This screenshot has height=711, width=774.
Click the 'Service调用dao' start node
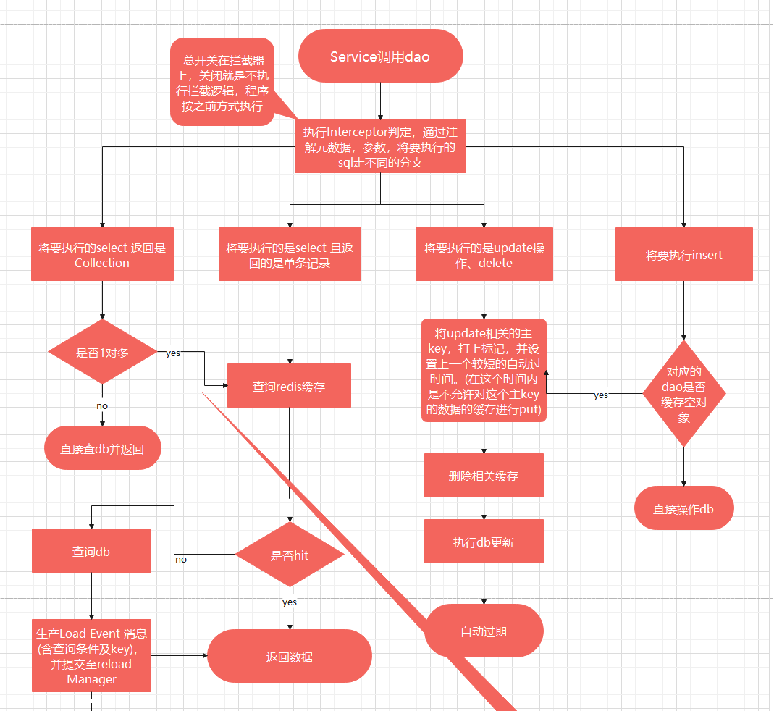point(380,56)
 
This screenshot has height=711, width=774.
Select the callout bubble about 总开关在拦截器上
point(223,82)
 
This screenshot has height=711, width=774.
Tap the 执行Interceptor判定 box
point(380,147)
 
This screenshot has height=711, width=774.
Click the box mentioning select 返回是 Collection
point(102,255)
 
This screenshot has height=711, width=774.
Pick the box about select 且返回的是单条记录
point(290,255)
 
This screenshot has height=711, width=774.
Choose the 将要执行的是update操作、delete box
point(484,255)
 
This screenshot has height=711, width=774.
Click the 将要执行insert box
point(683,255)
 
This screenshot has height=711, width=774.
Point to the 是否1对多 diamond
point(102,353)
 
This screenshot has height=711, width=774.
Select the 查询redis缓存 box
point(289,386)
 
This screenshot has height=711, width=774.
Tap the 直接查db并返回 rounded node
point(102,448)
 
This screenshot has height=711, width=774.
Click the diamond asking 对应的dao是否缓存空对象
point(683,394)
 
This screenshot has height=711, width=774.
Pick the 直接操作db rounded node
point(683,508)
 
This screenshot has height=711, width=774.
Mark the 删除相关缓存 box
point(484,476)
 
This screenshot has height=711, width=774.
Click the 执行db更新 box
point(484,542)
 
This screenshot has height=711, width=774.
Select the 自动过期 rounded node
point(484,631)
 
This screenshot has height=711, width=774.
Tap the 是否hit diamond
point(290,555)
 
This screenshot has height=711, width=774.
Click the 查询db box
point(91,551)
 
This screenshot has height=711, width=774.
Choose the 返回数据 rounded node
point(290,657)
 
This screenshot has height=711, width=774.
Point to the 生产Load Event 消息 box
point(91,656)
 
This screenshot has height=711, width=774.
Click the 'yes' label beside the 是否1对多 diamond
point(173,353)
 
